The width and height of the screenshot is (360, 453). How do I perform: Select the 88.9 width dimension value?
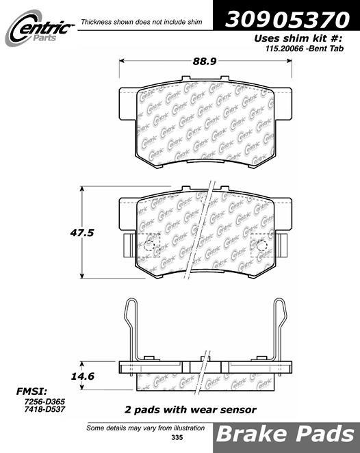205,61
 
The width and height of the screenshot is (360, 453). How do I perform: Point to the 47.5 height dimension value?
82,233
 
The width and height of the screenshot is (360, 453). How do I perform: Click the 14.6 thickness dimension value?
82,376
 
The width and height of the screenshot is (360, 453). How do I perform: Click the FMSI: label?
31,391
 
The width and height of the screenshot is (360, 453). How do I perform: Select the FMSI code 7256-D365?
44,402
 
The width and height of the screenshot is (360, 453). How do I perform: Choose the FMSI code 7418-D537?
44,409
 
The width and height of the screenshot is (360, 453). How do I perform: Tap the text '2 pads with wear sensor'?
190,410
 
